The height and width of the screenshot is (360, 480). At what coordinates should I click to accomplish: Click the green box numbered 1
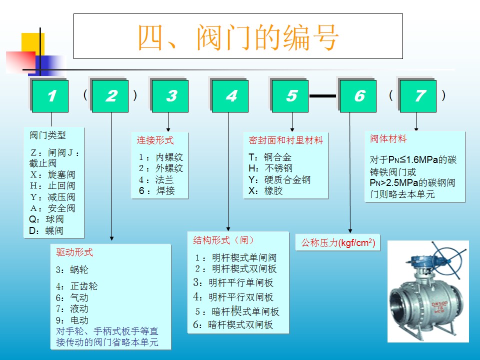click(50, 96)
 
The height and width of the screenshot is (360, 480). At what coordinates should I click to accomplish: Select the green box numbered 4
click(230, 96)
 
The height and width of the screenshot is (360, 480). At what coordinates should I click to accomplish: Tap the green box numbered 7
click(418, 96)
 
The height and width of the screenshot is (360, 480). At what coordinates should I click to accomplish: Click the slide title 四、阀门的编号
click(238, 37)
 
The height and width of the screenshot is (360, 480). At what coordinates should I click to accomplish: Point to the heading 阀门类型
click(47, 135)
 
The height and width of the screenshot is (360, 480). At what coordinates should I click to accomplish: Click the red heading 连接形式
click(155, 140)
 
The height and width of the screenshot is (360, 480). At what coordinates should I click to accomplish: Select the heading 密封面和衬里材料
click(285, 140)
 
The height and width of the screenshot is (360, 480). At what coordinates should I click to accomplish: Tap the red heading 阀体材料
click(388, 139)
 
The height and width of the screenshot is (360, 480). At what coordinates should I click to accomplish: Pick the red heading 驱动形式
click(74, 252)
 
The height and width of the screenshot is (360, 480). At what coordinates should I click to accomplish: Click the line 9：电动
click(72, 320)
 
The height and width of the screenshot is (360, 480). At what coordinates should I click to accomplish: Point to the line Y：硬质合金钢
click(279, 179)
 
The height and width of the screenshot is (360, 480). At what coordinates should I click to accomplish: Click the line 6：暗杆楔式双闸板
click(233, 325)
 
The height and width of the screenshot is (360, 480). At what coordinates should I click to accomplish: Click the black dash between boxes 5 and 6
click(322, 95)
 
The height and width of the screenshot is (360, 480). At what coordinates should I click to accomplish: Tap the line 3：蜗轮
click(72, 270)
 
